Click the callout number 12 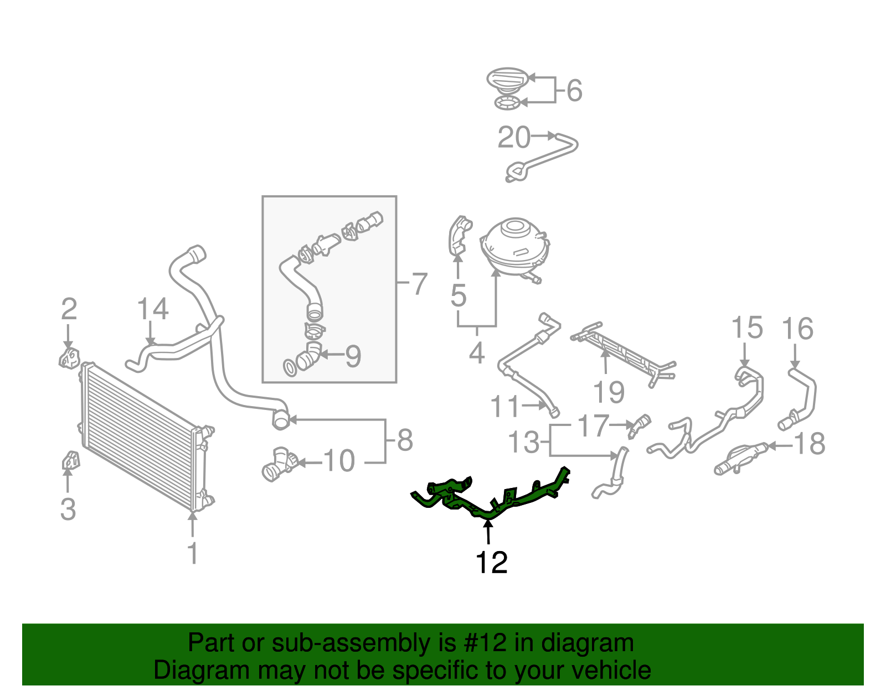tap(491, 563)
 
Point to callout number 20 tap(514, 138)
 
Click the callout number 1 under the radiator tap(192, 553)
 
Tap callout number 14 tap(152, 309)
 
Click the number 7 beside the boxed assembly tap(419, 284)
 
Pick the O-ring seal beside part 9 tap(289, 367)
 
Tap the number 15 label tap(746, 328)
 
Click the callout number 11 tap(504, 407)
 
